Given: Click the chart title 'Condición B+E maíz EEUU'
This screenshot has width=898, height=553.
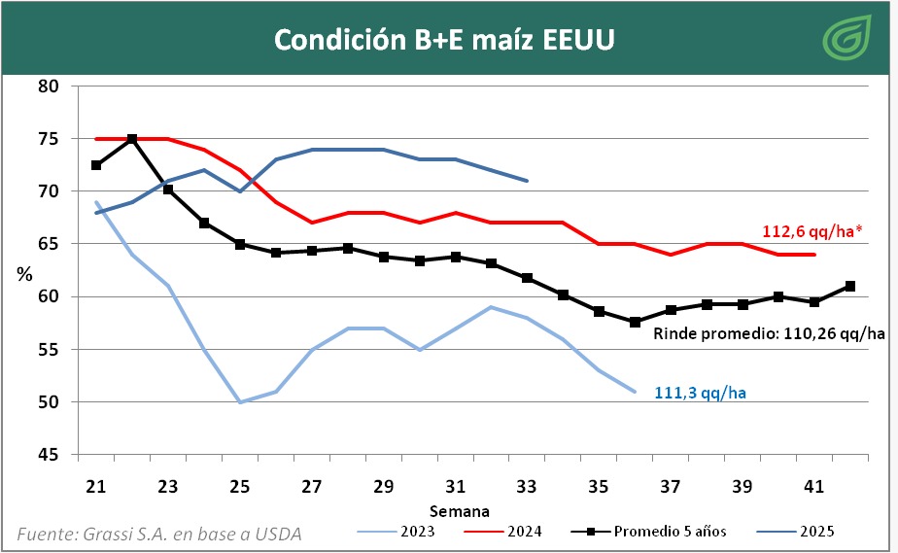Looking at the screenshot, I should (x=443, y=39).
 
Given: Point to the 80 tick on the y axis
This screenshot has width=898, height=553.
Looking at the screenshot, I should (x=50, y=86).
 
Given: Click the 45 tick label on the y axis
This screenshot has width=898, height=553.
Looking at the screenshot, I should (x=50, y=455).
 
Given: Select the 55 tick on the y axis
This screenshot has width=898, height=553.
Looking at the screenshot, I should (x=50, y=350).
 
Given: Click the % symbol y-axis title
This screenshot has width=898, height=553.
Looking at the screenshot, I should (x=25, y=273).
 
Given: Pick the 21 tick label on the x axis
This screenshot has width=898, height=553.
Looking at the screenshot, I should (x=95, y=486).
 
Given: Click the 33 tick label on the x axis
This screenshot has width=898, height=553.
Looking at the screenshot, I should (x=527, y=486).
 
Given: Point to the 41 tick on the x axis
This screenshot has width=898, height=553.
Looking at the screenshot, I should (x=814, y=486).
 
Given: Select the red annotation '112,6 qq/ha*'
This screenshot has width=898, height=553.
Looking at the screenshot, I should (x=812, y=231).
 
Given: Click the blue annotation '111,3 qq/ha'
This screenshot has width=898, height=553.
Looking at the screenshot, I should (x=700, y=392).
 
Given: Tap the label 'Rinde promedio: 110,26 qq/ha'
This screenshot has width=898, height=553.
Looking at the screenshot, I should (x=768, y=333).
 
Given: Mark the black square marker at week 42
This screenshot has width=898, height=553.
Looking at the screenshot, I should (x=850, y=286).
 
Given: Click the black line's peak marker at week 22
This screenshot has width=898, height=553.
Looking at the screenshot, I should (x=132, y=139).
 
